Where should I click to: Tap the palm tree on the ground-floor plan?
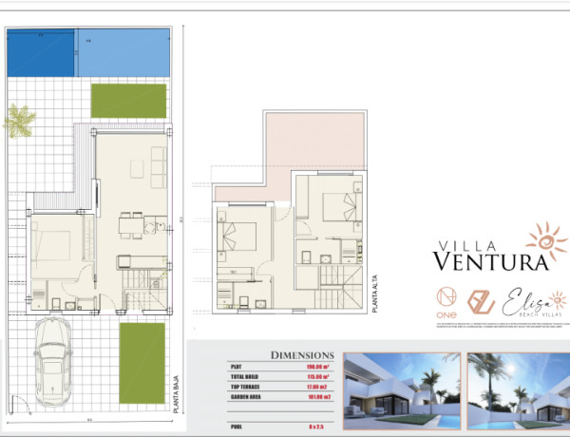click(19, 121)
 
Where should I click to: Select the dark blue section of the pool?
click(40, 53)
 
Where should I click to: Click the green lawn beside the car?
click(142, 362)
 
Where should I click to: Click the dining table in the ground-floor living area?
click(130, 225)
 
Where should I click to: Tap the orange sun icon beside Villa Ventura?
click(545, 239)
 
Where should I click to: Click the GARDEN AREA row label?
click(249, 396)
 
